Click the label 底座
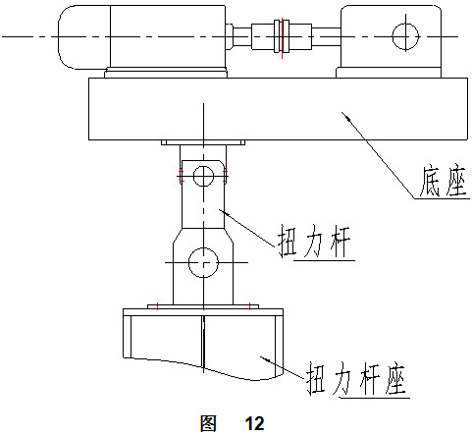coord(443,182)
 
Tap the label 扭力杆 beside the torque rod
coord(314,242)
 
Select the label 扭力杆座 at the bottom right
coord(356,378)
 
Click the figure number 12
coord(254,423)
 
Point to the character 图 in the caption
coord(208,423)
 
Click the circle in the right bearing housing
coord(405,36)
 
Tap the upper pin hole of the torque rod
coord(203,176)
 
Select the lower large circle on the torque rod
coord(203,262)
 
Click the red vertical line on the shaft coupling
coord(282,38)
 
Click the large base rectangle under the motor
coord(278,109)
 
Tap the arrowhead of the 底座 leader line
coord(347,117)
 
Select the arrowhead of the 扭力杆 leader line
coord(225,212)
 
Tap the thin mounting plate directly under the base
coord(203,142)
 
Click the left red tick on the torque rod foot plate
coord(157,306)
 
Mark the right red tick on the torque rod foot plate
coord(249,306)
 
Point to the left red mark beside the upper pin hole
coord(181,176)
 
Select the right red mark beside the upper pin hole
coord(225,176)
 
